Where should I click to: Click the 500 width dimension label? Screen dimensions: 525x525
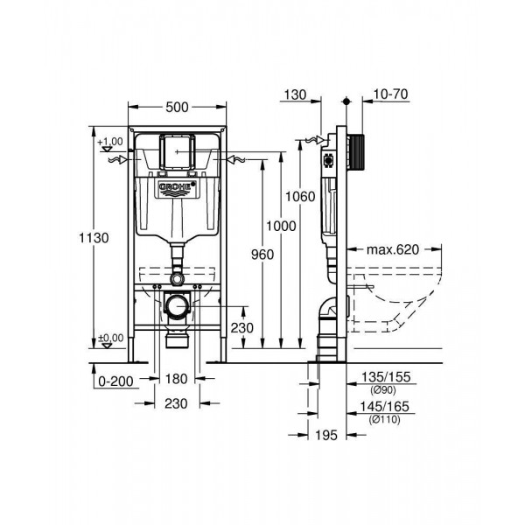pos(177,107)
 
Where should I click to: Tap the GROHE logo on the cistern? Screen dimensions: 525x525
pos(177,189)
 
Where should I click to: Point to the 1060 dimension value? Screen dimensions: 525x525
pos(300,197)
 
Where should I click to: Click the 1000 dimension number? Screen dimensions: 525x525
pos(281,226)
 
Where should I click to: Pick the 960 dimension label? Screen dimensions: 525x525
pos(262,255)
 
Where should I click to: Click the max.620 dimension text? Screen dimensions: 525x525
pos(393,249)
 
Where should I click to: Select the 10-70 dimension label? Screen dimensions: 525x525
pos(391,94)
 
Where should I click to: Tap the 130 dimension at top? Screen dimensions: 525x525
pos(296,94)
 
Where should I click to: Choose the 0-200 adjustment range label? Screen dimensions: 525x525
pos(115,381)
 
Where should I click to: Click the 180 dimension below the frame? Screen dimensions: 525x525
pos(176,379)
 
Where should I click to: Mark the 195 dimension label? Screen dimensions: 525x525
pos(326,435)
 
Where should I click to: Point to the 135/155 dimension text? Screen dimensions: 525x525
pos(386,377)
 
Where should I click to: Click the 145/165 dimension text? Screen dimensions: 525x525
pos(384,407)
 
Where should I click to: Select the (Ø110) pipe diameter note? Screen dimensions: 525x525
pos(384,419)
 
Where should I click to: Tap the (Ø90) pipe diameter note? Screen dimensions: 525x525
pos(383,390)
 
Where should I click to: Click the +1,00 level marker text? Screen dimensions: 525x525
pos(110,142)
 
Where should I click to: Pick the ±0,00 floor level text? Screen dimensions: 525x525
pos(111,338)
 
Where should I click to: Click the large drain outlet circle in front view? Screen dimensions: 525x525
pos(177,306)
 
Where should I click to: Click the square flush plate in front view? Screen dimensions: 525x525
pos(177,151)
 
